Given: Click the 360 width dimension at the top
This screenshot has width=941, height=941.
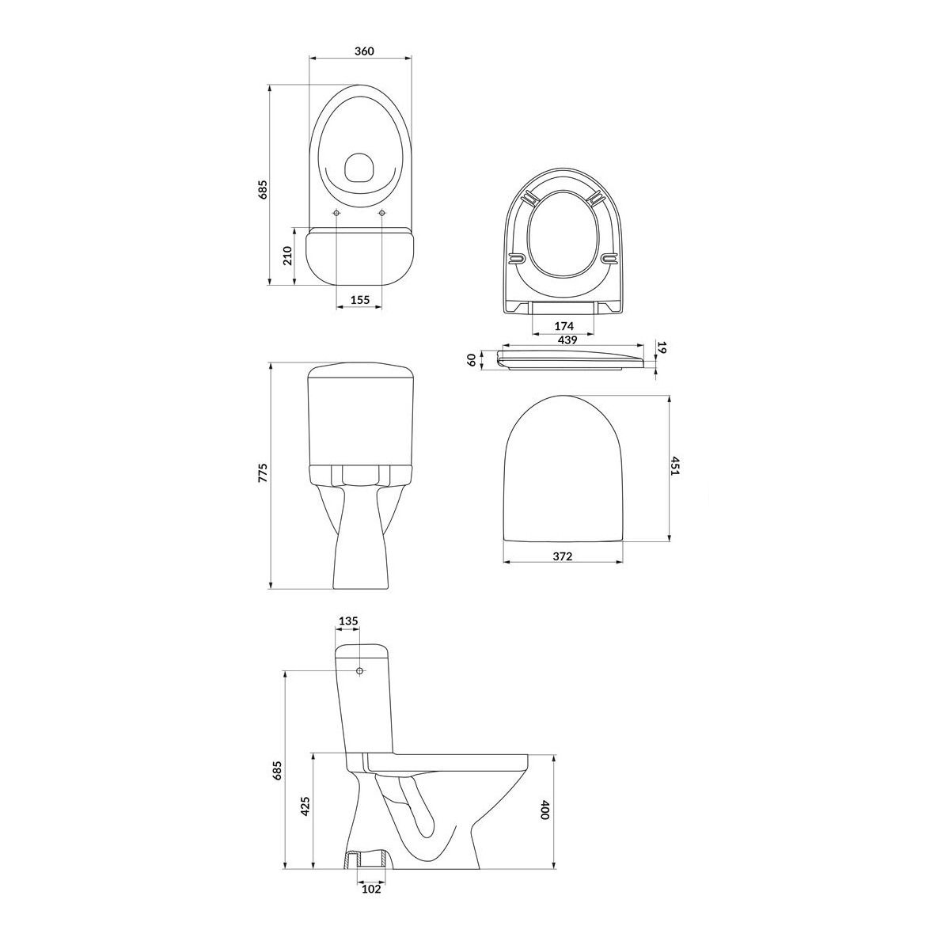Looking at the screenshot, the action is [364, 51].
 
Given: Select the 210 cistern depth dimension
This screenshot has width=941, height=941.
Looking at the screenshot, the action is [287, 256].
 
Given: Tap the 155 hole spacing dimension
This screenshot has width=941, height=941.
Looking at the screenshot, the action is [359, 300].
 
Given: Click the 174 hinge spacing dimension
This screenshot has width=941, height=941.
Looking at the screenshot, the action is [564, 326].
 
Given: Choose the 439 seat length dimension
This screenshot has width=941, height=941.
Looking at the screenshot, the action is [567, 340].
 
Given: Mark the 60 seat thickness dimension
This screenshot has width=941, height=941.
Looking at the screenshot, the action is [471, 359].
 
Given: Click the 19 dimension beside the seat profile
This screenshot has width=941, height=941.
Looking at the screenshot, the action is [662, 347].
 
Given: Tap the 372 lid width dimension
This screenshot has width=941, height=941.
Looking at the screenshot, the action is [563, 556].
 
